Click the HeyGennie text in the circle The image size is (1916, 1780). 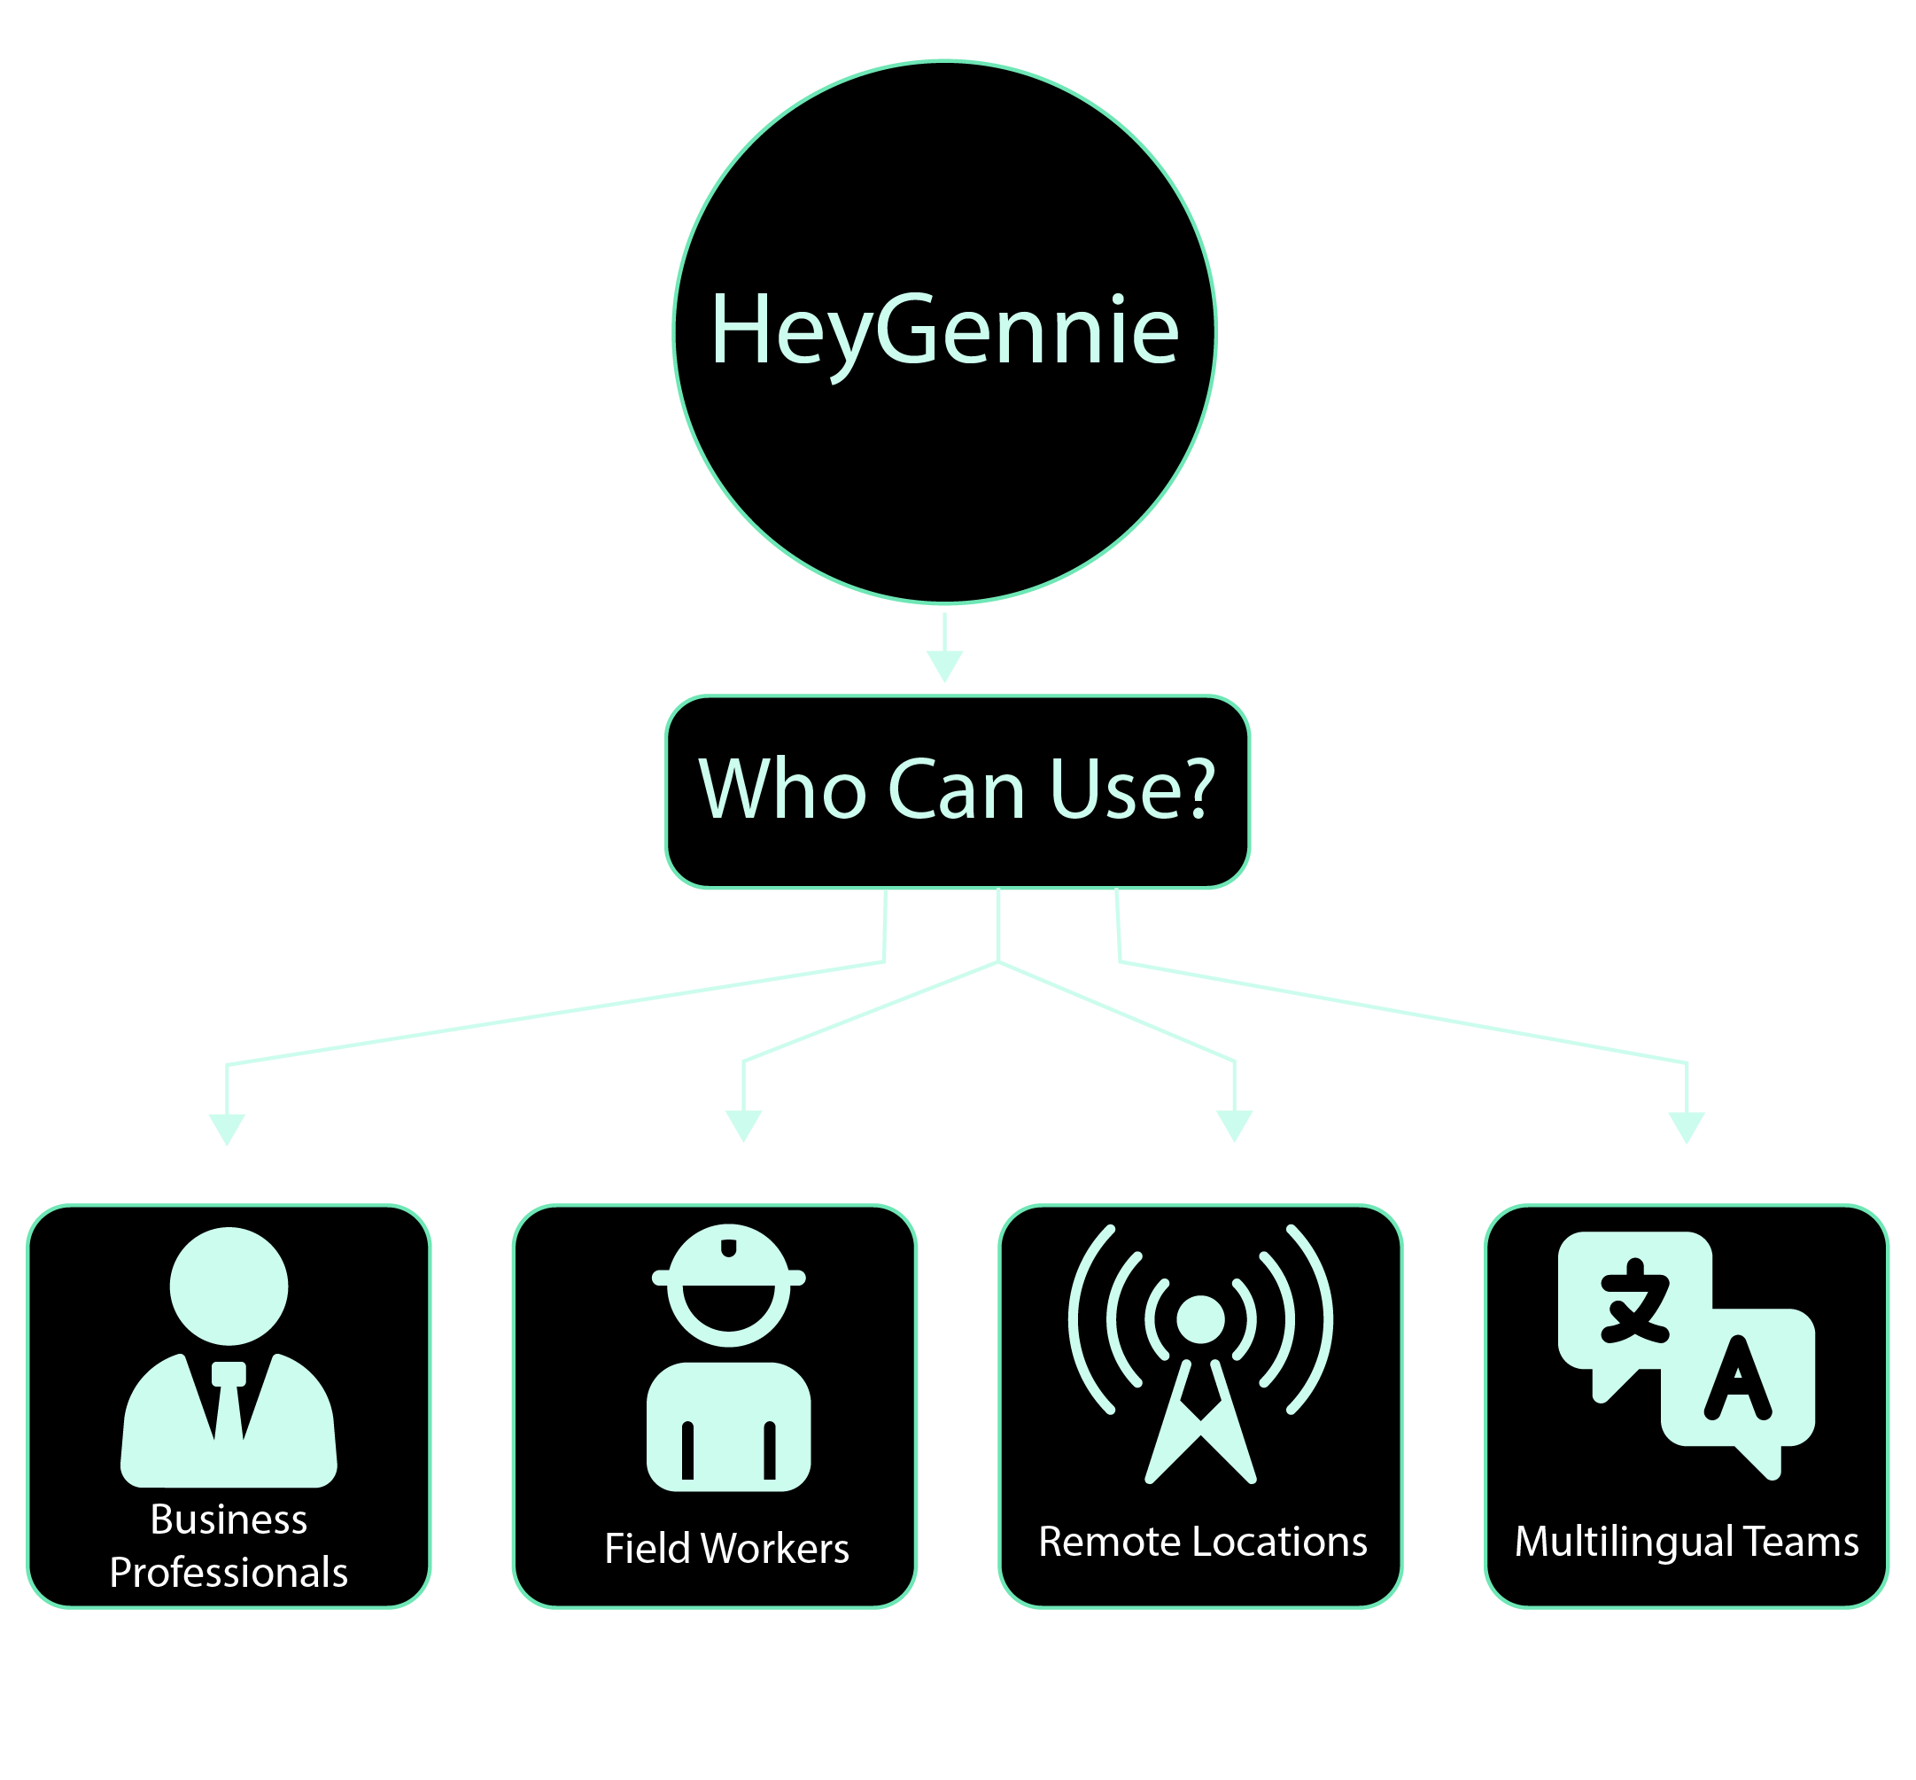[943, 330]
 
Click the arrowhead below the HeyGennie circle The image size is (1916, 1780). [944, 665]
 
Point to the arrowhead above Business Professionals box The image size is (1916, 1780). [228, 1128]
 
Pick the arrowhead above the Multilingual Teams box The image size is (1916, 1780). [1686, 1126]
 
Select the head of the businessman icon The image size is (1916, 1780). [229, 1286]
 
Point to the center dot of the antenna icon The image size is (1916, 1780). [1199, 1319]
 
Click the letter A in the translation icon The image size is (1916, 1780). [1737, 1380]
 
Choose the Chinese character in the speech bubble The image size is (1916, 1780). [1634, 1301]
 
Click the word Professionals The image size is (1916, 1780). [229, 1572]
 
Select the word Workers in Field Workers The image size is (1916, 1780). [775, 1549]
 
